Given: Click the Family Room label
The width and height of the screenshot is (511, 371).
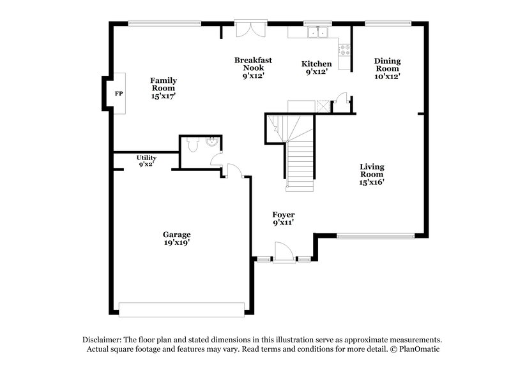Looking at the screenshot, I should tap(164, 85).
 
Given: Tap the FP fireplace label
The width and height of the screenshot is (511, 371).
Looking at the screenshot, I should tap(118, 94).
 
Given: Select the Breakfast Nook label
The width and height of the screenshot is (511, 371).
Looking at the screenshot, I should tap(252, 64).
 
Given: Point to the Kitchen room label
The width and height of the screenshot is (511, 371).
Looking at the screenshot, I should tap(316, 64).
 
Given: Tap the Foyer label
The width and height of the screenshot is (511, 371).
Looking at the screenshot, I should tap(284, 215).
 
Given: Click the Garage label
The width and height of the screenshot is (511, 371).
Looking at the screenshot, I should tap(176, 235).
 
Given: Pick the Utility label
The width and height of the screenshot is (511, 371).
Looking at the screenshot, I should tap(146, 157).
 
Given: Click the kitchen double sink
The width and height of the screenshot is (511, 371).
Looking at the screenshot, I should tap(316, 32).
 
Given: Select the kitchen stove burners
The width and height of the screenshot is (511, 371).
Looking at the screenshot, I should tap(345, 49).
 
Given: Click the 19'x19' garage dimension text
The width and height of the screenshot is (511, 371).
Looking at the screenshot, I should tap(176, 243).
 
